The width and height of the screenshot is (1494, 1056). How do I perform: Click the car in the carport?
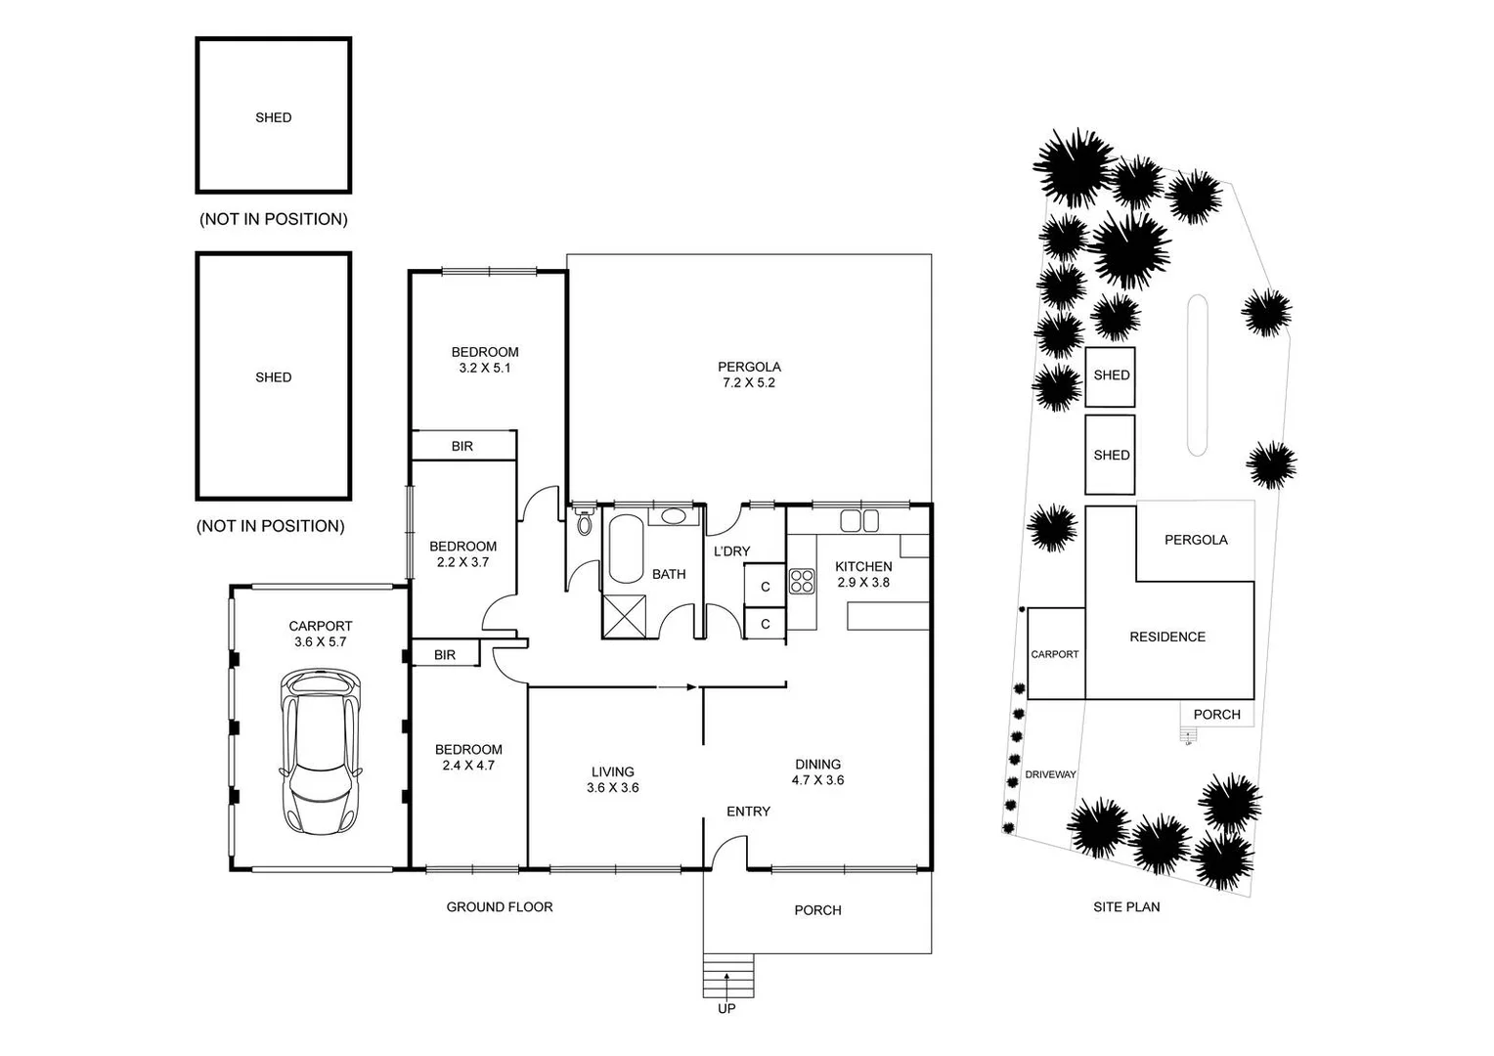coord(321,751)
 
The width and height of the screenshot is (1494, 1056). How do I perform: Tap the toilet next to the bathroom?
coord(585,522)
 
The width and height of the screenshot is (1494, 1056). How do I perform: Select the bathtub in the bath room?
coord(626,550)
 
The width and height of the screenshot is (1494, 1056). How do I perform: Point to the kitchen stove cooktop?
coord(802,581)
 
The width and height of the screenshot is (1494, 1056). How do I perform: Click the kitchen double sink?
coord(859,520)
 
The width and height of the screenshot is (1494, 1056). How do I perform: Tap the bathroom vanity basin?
coord(673,516)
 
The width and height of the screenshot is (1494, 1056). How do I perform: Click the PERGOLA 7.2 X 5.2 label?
coord(749,375)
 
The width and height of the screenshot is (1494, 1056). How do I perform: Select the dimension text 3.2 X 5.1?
coord(485,369)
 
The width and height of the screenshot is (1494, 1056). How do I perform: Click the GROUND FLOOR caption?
coord(500,907)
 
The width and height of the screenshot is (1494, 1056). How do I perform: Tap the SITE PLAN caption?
coord(1126,907)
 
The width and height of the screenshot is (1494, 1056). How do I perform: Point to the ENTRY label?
coord(748,812)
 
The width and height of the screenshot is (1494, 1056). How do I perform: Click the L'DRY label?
coord(731,551)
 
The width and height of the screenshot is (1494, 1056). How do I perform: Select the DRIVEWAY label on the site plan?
coord(1050,774)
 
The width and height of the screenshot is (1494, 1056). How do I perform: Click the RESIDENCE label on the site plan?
coord(1167,637)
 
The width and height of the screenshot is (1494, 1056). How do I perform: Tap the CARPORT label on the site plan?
coord(1055,654)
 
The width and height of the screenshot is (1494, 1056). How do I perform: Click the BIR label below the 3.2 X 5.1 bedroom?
coord(462,446)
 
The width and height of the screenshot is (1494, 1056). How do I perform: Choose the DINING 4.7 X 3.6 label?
coord(817,772)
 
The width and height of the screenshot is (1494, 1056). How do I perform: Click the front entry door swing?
coord(728,853)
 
